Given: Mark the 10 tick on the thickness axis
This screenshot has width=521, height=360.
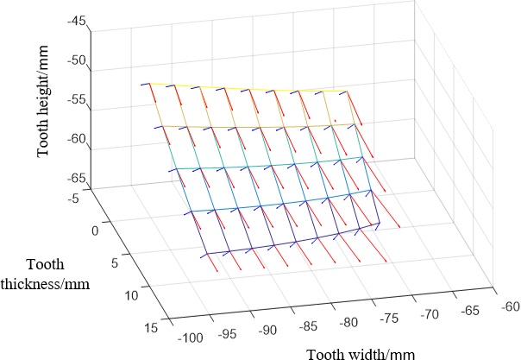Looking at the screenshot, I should coord(131,295).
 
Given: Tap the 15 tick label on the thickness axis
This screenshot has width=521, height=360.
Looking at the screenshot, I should coord(150,326).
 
